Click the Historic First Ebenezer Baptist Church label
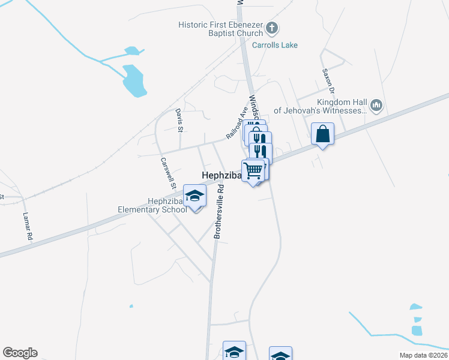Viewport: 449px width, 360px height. point(221,29)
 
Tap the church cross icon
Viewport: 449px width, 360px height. point(272,28)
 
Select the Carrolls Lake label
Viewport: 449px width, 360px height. point(274,45)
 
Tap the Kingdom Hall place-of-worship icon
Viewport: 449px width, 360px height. point(376,106)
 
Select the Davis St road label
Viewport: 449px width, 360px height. point(179,119)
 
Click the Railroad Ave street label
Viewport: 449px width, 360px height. point(237,124)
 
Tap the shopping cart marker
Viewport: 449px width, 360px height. point(253,171)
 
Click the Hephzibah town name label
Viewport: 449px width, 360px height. point(220,175)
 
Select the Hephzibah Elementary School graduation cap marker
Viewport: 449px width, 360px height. point(194,196)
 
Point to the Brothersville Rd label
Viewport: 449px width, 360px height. point(220,211)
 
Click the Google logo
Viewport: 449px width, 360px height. point(20,353)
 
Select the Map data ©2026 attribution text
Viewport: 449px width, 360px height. point(423,355)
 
